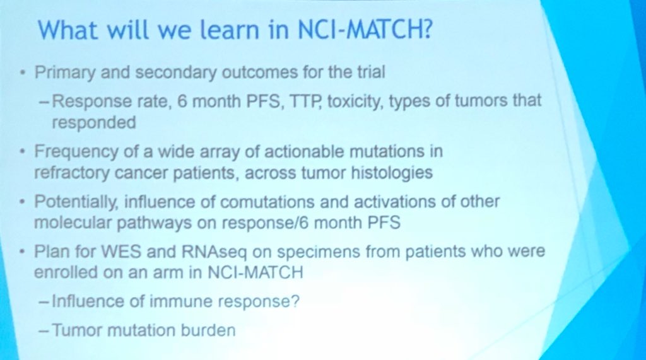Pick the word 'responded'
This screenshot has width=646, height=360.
pyautogui.click(x=93, y=122)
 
